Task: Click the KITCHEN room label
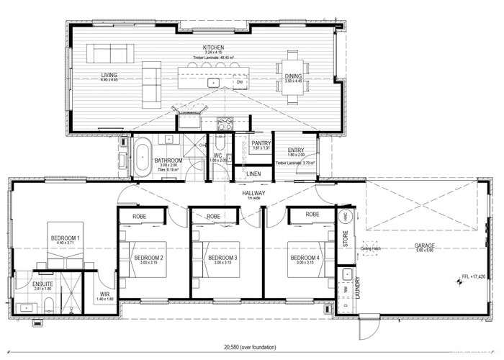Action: [215, 48]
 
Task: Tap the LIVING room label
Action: [109, 74]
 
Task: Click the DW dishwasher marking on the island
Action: [239, 83]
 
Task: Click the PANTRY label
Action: [261, 143]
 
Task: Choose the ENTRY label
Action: [296, 150]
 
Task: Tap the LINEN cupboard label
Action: [253, 174]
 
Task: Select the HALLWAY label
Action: [254, 194]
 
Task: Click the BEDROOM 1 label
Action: [65, 238]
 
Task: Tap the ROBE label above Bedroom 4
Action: [312, 215]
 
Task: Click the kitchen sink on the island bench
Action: [214, 83]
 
